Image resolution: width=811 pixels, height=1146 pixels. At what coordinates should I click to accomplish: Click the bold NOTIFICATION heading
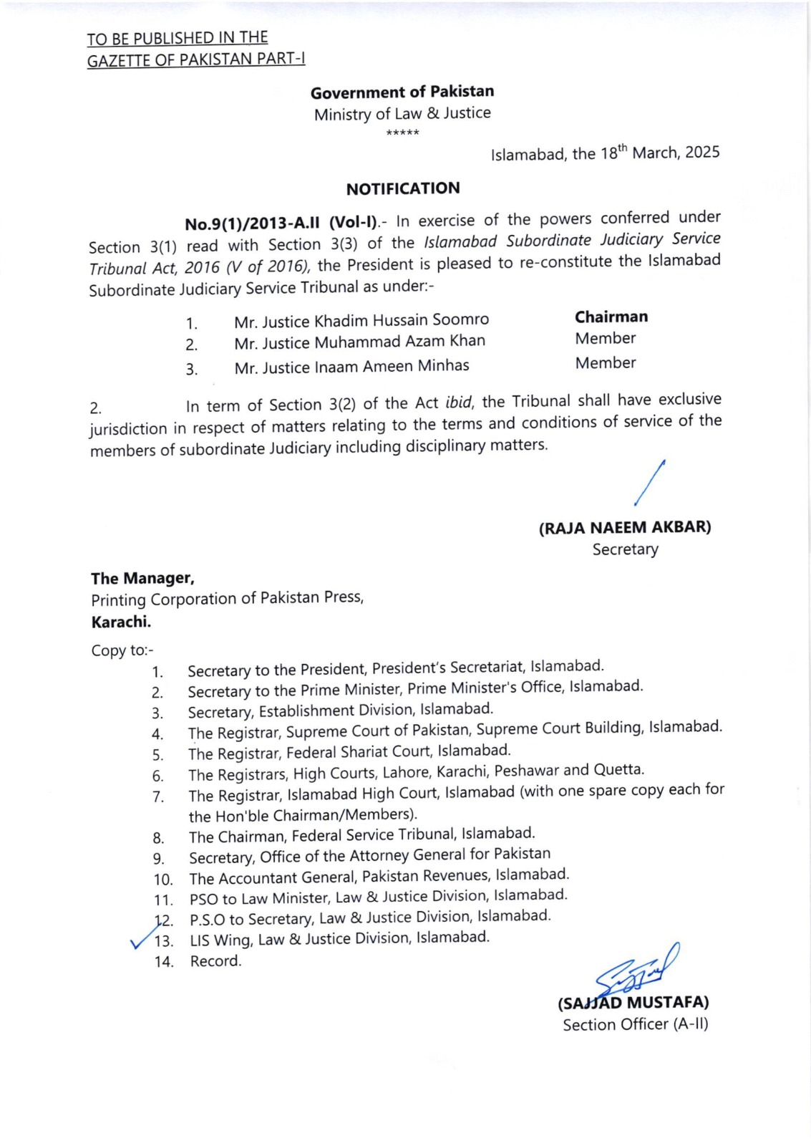click(403, 188)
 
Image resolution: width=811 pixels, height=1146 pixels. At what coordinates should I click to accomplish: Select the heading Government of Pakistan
click(402, 92)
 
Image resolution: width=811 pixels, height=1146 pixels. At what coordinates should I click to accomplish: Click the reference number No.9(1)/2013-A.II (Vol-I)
click(281, 223)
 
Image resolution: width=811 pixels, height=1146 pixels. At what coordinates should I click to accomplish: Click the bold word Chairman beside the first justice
click(611, 317)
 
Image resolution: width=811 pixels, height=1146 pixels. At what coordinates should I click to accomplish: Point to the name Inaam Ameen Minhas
click(392, 366)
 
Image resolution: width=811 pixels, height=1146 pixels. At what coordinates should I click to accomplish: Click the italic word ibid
click(458, 403)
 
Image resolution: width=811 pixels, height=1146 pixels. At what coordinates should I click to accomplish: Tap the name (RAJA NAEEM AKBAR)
click(625, 528)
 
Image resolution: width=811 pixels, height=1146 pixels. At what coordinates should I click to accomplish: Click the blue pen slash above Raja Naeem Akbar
click(650, 483)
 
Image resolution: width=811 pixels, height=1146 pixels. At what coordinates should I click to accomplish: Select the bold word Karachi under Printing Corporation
click(121, 622)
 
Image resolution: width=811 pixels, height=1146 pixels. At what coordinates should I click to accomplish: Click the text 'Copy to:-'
click(122, 650)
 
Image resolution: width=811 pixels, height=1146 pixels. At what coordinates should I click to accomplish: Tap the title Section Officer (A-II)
click(636, 1024)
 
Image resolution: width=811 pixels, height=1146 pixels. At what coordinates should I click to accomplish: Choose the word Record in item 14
click(215, 961)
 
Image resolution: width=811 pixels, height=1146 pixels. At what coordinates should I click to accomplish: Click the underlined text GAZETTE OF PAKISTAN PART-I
click(196, 59)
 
